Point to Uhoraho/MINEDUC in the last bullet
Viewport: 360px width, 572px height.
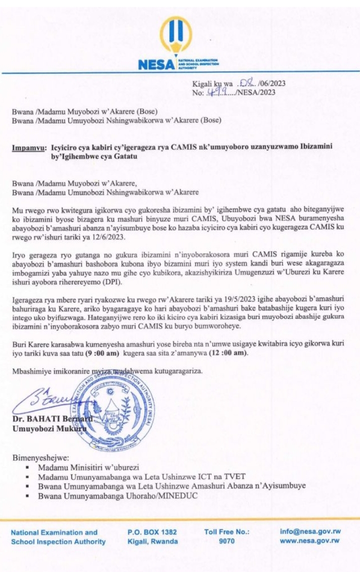click(165, 496)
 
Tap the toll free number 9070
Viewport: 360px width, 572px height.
click(227, 541)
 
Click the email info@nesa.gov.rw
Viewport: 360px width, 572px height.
click(309, 532)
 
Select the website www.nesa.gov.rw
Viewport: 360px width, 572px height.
click(309, 541)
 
